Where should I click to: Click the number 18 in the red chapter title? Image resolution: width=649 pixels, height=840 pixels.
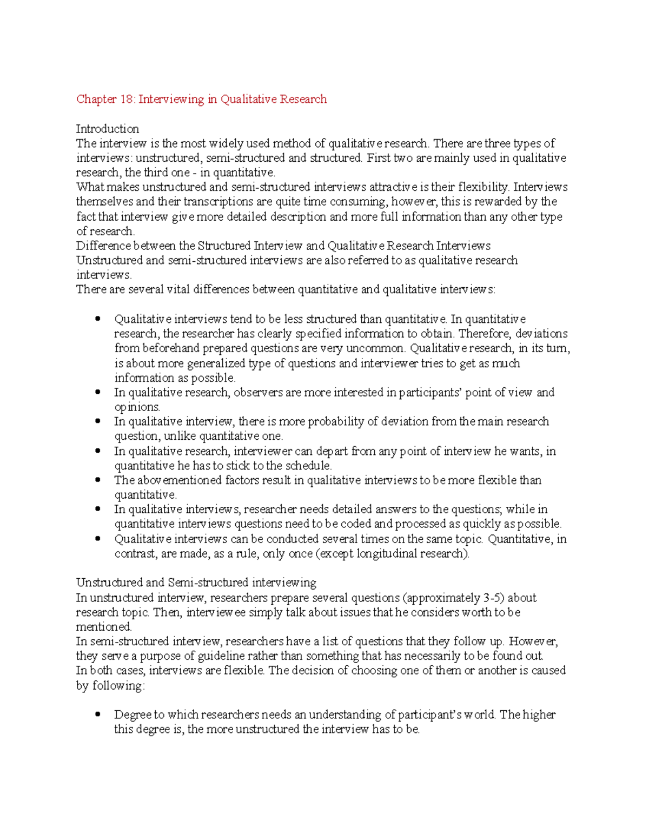[x=127, y=99]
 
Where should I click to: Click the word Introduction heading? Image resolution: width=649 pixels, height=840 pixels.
[x=107, y=129]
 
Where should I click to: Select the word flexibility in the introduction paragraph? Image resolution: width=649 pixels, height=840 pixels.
[x=483, y=187]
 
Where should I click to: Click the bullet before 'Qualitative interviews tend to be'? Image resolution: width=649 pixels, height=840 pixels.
[x=98, y=319]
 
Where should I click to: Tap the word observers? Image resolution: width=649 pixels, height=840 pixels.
[x=258, y=392]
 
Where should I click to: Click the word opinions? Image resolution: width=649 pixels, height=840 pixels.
[x=137, y=407]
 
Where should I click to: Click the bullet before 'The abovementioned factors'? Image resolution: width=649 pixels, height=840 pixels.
[x=98, y=480]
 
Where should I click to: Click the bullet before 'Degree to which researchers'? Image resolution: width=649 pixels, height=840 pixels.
[x=98, y=715]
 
